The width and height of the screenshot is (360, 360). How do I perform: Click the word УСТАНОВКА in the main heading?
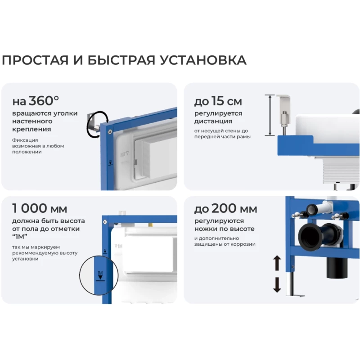tap(203, 60)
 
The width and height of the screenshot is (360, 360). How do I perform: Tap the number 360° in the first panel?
tap(44, 100)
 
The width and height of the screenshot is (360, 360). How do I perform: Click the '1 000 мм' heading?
tap(40, 208)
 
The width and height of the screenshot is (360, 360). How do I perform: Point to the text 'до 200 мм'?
tap(226, 208)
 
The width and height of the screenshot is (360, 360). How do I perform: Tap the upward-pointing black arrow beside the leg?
tap(277, 263)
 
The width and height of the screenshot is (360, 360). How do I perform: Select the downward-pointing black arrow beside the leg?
tap(277, 285)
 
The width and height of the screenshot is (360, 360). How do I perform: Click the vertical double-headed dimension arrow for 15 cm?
tap(270, 115)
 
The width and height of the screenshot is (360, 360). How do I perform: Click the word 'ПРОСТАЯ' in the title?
tap(35, 60)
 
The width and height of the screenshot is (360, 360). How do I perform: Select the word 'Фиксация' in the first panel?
tap(25, 140)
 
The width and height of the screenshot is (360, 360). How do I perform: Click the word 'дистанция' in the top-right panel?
tap(213, 121)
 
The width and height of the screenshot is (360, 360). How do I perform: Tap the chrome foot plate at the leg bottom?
tap(296, 296)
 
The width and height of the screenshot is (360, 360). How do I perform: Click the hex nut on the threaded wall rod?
tap(284, 119)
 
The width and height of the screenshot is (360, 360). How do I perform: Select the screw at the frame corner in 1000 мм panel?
tap(105, 222)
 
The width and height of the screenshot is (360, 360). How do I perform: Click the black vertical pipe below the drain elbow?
tap(337, 267)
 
